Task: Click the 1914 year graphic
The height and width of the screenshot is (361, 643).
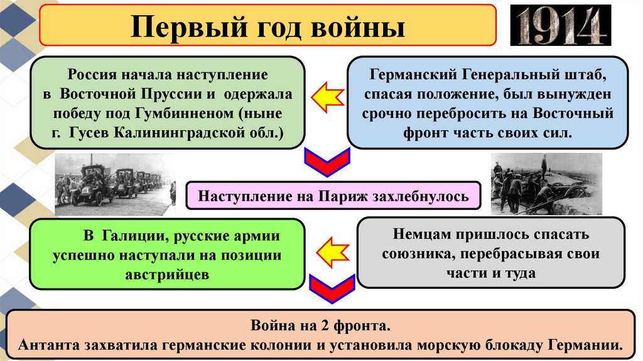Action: [561, 26]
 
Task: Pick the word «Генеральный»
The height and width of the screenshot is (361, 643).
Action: [511, 75]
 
